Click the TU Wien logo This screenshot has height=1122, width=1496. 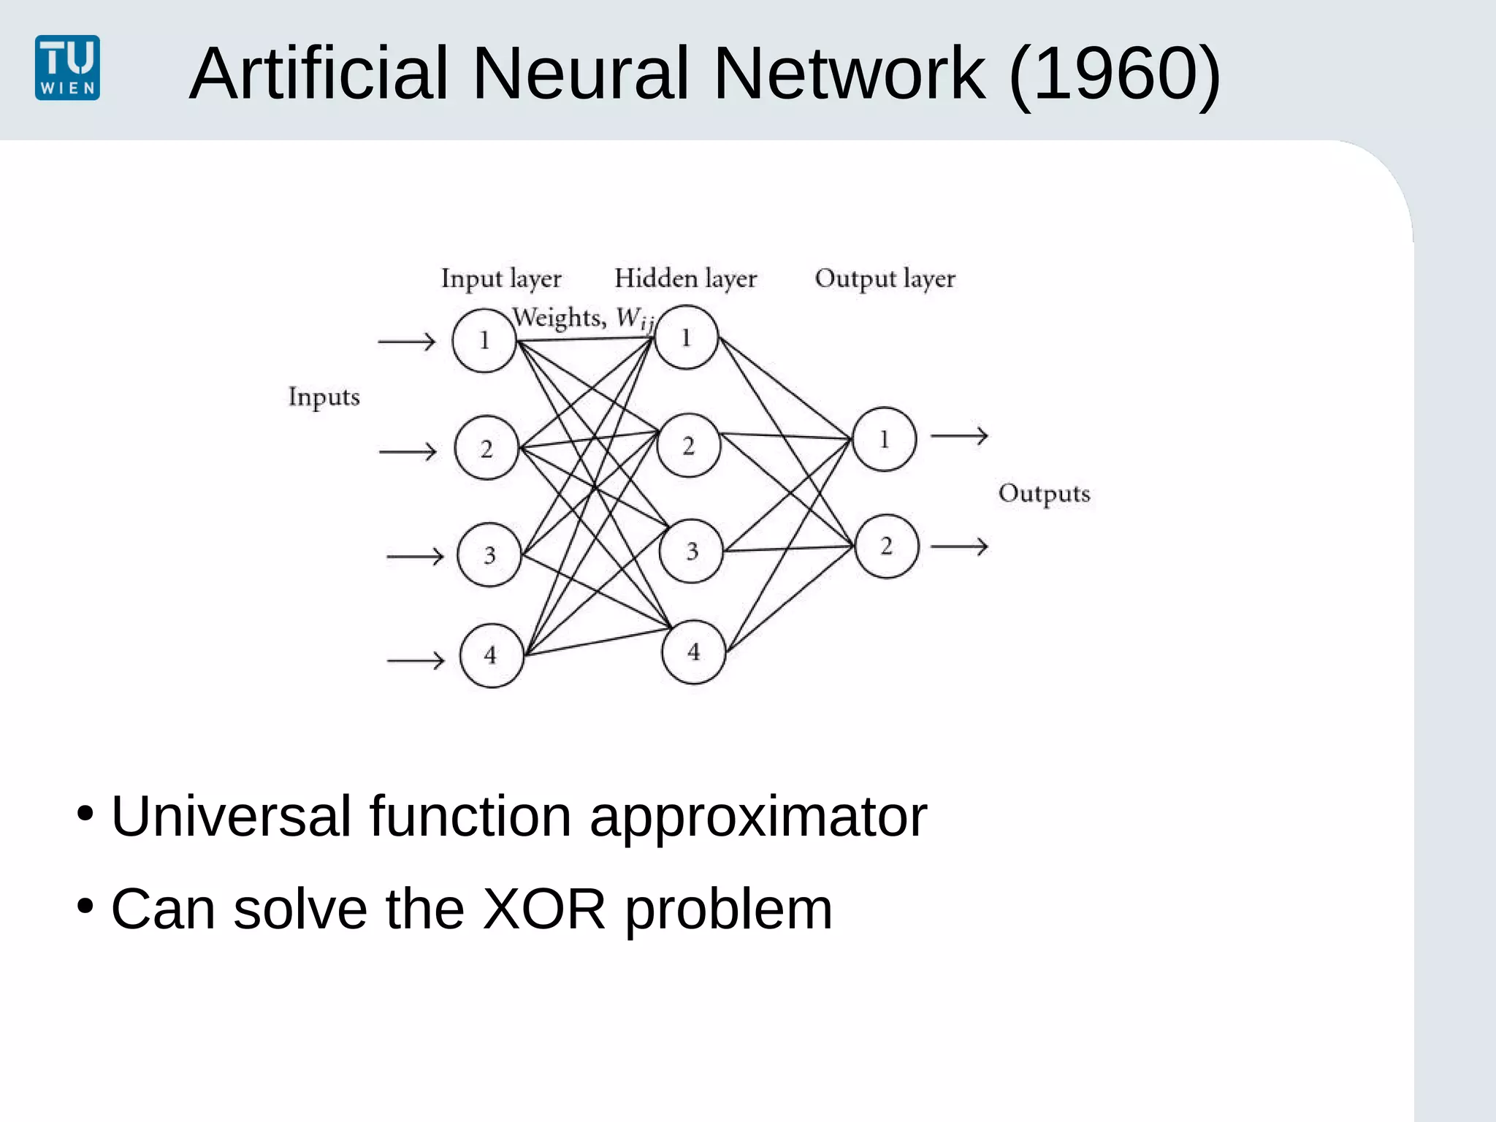67,67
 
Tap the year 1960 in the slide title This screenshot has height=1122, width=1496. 1114,73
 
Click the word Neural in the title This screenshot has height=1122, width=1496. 581,73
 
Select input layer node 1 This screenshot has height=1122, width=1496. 484,340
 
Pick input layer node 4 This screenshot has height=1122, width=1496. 491,655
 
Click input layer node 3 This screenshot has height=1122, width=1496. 489,555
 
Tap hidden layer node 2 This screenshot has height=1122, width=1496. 688,446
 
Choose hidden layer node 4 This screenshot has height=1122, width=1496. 693,652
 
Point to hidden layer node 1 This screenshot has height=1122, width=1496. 686,337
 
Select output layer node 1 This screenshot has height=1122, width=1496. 884,439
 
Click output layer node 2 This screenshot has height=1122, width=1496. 886,546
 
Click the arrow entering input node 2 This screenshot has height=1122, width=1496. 408,452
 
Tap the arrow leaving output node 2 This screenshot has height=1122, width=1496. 959,546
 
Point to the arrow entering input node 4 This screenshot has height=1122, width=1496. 415,661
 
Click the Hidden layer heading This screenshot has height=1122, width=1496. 685,278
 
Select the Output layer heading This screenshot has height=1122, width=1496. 885,278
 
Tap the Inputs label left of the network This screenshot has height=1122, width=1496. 324,397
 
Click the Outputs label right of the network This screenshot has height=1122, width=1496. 1044,494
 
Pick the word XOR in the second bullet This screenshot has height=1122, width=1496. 544,909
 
